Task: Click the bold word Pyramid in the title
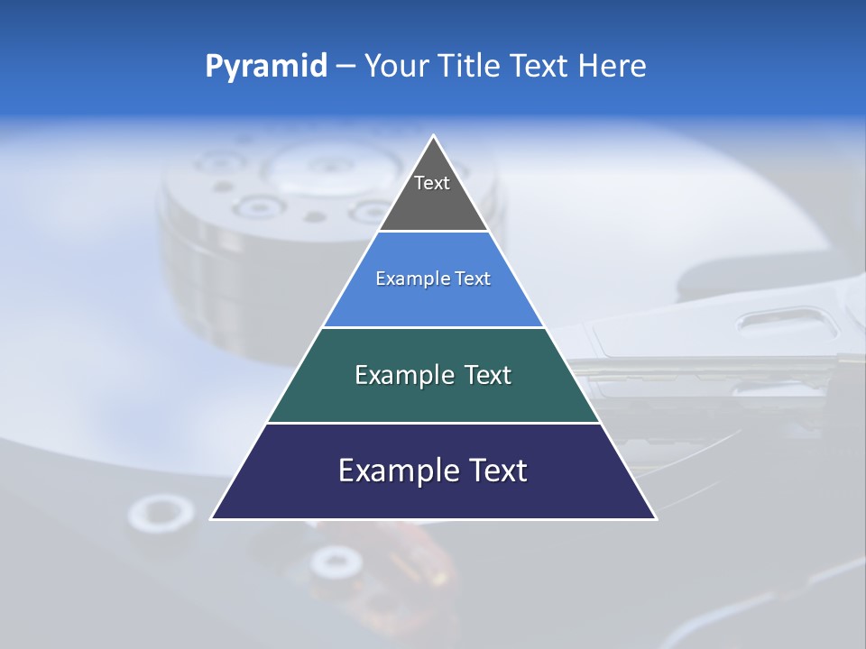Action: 266,67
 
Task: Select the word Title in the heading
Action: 474,66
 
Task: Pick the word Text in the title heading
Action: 542,66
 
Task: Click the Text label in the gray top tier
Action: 432,183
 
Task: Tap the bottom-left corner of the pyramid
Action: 212,518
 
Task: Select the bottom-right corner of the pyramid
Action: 655,518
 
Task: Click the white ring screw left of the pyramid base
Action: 161,514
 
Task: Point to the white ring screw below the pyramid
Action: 336,563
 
